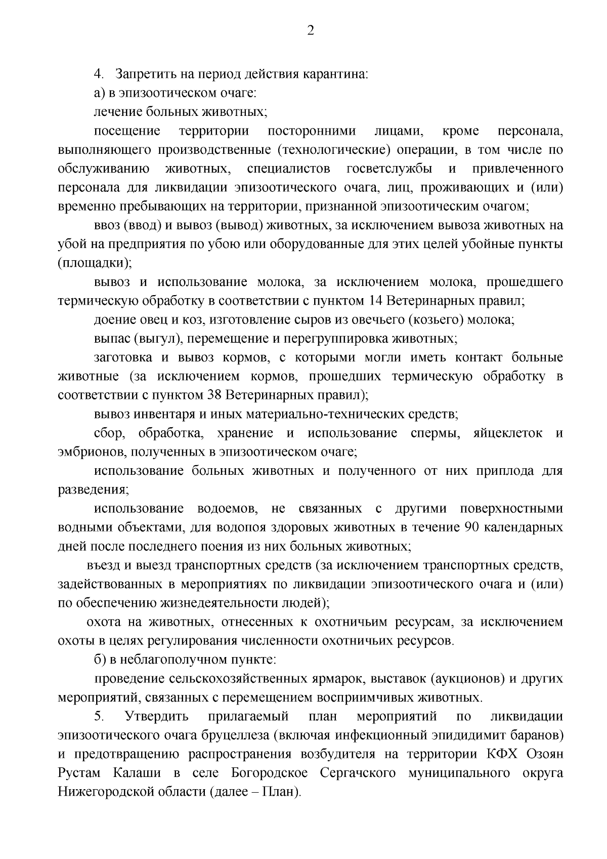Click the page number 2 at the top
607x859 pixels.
pyautogui.click(x=311, y=31)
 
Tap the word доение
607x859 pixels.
pyautogui.click(x=115, y=320)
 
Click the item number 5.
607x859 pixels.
pyautogui.click(x=99, y=717)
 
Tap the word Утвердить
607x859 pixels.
pyautogui.click(x=156, y=717)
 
